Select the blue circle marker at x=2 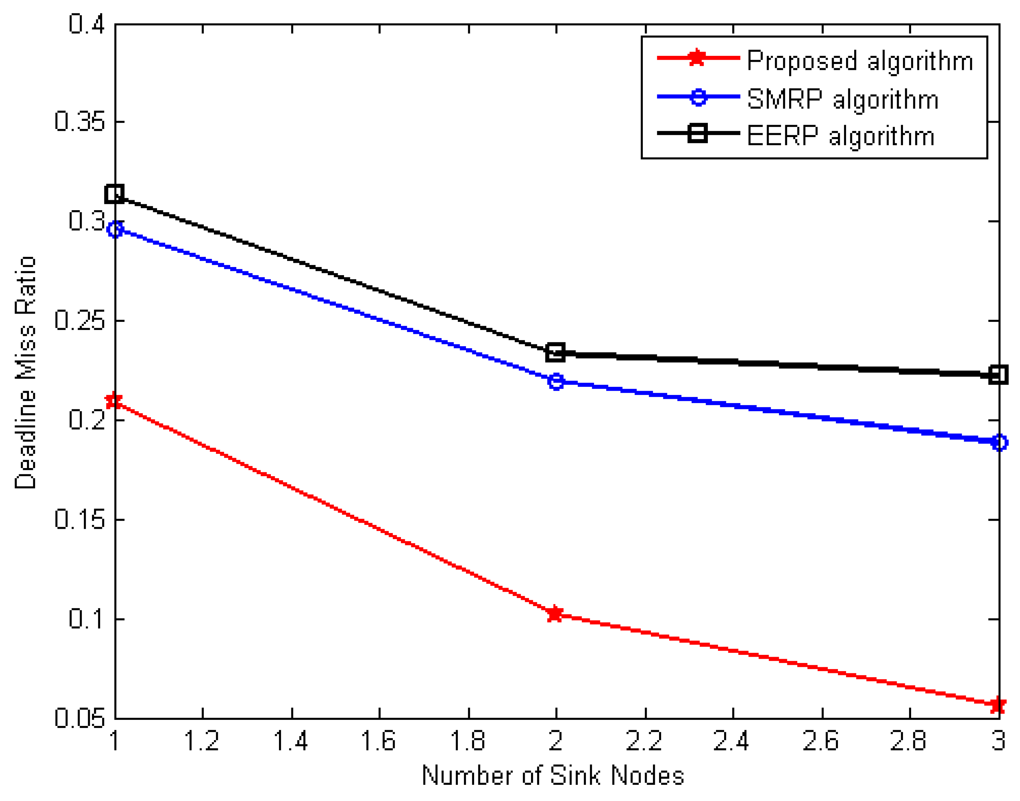click(556, 382)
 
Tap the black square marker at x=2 click(555, 352)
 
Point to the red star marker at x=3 click(998, 705)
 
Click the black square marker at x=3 click(999, 374)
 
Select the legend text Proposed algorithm click(859, 61)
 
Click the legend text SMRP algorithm click(842, 99)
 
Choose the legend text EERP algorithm click(840, 136)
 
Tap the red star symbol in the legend click(697, 58)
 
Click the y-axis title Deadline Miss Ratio click(25, 373)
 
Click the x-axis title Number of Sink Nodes click(552, 776)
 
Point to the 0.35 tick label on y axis click(79, 121)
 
